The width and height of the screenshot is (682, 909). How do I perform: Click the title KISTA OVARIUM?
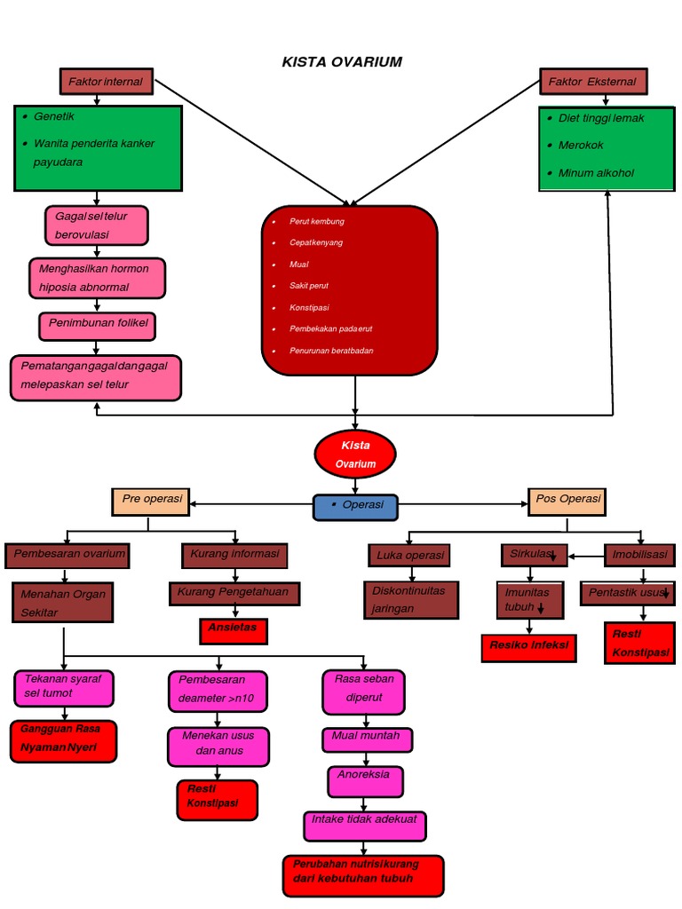point(342,61)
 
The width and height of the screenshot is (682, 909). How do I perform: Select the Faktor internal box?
point(106,82)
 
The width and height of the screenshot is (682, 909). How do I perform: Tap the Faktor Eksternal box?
point(593,82)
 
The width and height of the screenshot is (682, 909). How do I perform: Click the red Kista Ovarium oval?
point(355,454)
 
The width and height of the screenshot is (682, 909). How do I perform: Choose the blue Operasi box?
point(355,506)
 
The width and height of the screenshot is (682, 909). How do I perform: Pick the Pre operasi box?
point(152,500)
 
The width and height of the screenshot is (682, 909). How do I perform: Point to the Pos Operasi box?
point(567,500)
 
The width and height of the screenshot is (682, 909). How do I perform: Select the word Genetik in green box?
point(54,116)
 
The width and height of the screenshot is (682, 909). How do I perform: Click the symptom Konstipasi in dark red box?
point(309,307)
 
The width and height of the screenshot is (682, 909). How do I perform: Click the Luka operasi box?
point(409,556)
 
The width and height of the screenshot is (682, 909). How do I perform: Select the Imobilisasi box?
point(639,555)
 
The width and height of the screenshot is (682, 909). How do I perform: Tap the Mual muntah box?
point(366,738)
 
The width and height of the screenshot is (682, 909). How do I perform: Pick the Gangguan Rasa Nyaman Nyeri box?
point(63,741)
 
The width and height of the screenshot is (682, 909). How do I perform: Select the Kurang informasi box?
point(234,555)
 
